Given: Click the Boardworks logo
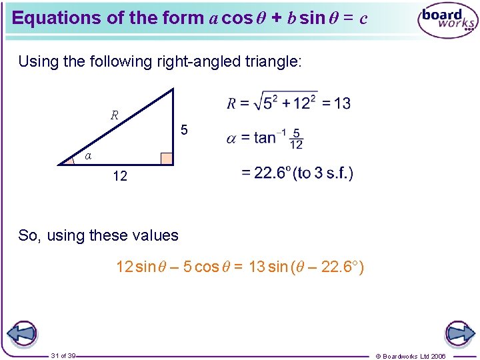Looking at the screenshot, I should click(447, 21).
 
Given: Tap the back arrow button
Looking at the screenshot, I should click(22, 334).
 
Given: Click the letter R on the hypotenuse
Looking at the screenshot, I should click(115, 115).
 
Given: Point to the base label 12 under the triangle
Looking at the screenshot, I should click(120, 177).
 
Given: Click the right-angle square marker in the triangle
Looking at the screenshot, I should click(166, 158).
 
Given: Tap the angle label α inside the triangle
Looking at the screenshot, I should click(88, 155).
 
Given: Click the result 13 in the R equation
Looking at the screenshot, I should click(342, 103).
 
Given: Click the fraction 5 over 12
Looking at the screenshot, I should click(297, 138).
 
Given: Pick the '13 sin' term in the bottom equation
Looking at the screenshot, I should click(267, 267).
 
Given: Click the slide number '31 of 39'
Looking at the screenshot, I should click(63, 355).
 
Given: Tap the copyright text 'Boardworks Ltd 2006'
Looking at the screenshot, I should click(414, 356).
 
